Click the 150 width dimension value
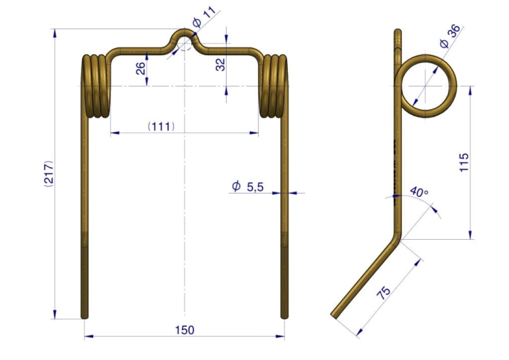185,330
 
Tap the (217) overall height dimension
48,173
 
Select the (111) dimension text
161,126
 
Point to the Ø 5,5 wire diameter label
247,187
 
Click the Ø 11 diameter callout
204,17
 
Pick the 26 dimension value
140,68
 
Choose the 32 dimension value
220,65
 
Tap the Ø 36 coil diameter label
450,36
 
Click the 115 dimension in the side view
464,162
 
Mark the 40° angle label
419,192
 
